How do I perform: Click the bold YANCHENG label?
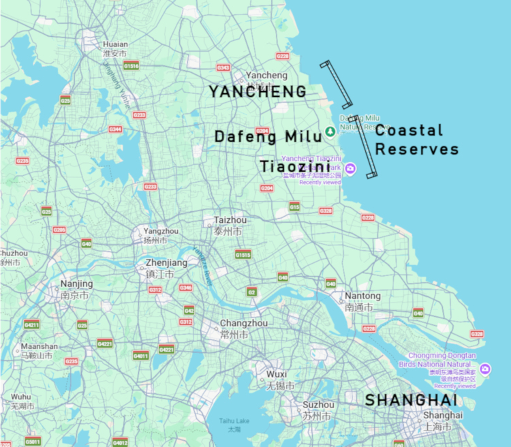point(257,91)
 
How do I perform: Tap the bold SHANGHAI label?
point(410,400)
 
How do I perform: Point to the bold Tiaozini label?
point(295,166)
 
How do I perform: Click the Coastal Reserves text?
point(416,140)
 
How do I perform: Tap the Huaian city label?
point(114,48)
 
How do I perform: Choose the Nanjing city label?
point(76,289)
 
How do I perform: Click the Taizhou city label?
point(230,225)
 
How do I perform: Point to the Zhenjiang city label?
point(166,268)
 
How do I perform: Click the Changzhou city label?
point(243,328)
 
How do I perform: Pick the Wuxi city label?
point(277,380)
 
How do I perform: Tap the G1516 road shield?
point(131,66)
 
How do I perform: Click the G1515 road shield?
point(243,254)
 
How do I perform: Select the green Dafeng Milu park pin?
point(329,130)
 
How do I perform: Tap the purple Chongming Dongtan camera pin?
point(484,369)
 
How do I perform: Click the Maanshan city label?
point(38,350)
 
